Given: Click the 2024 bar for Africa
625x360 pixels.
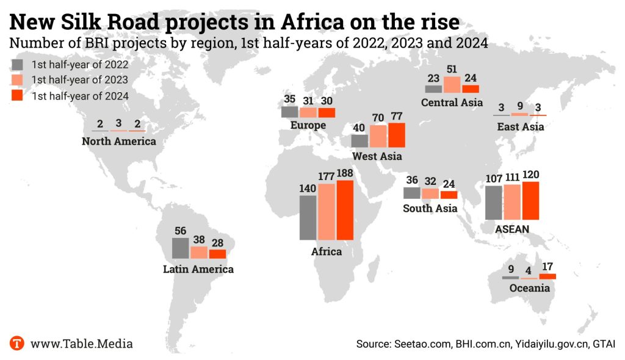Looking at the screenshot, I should pyautogui.click(x=345, y=210).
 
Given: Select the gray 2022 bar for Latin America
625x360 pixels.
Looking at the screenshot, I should pyautogui.click(x=180, y=248).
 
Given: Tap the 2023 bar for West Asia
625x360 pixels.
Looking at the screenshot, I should pyautogui.click(x=378, y=136).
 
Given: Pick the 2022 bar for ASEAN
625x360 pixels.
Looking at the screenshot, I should pyautogui.click(x=493, y=203).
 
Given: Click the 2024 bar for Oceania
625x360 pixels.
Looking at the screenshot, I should pyautogui.click(x=547, y=276).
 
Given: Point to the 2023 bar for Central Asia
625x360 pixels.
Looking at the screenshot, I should pyautogui.click(x=452, y=85).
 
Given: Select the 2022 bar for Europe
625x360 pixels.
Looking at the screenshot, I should pyautogui.click(x=289, y=112).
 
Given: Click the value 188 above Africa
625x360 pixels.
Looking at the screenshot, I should pyautogui.click(x=345, y=174).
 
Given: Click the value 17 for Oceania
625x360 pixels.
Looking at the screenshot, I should pyautogui.click(x=547, y=266).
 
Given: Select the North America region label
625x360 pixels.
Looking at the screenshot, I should pyautogui.click(x=119, y=141).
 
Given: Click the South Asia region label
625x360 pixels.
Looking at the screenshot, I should pyautogui.click(x=430, y=209).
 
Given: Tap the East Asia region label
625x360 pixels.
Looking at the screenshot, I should pyautogui.click(x=520, y=127).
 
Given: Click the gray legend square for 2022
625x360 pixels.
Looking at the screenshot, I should pyautogui.click(x=18, y=64).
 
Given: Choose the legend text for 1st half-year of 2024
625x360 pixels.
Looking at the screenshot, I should pyautogui.click(x=80, y=96).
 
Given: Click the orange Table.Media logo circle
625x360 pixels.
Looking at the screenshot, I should pyautogui.click(x=17, y=343).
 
